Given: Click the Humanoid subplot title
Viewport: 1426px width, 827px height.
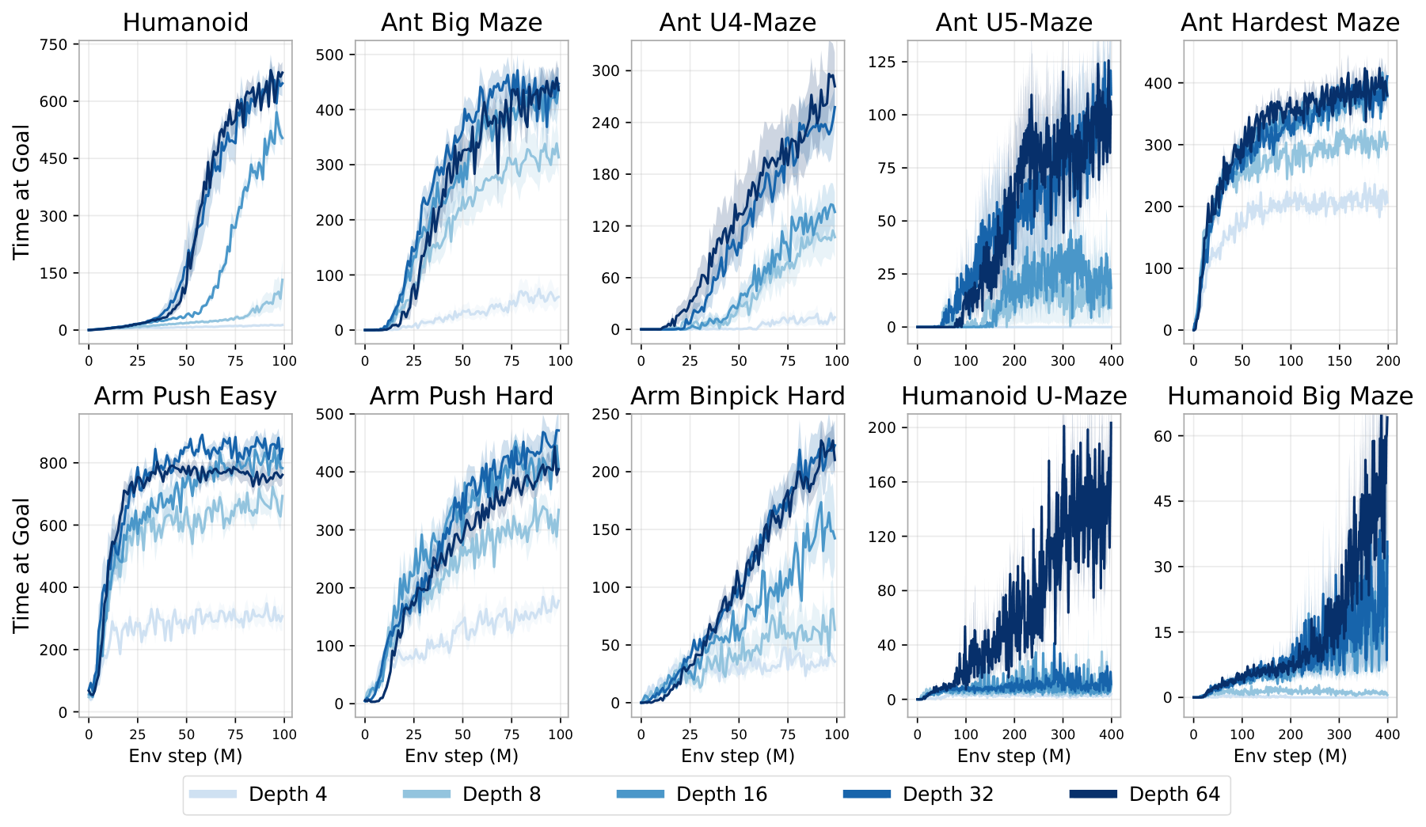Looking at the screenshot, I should (x=185, y=22).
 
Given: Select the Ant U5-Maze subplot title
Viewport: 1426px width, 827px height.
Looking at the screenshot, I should (x=1013, y=22).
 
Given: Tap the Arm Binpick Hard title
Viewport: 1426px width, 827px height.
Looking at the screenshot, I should (x=737, y=396).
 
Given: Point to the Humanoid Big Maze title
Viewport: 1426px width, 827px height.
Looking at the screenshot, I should (x=1290, y=396).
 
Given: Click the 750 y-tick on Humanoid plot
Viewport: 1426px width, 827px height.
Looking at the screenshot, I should (x=54, y=44).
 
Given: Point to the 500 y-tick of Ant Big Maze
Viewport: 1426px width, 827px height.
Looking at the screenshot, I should (x=329, y=55).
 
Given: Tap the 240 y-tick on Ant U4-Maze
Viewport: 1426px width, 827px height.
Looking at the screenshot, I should (x=606, y=123).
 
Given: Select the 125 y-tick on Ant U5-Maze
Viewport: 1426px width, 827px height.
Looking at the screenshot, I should (x=882, y=62).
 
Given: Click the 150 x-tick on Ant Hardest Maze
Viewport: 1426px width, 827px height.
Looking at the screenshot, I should (x=1339, y=361).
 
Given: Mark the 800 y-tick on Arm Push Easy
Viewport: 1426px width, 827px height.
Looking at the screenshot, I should (x=54, y=463).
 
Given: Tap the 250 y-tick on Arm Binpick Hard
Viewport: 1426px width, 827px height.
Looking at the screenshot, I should (x=606, y=415).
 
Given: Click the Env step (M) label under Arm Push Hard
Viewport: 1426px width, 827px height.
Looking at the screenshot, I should (x=461, y=756).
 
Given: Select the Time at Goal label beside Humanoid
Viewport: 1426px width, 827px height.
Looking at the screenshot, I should (x=21, y=192).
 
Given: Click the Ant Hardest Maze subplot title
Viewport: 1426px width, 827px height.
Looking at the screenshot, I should (x=1290, y=22).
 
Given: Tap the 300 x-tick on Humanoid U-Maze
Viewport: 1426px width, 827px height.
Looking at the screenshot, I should (x=1063, y=734).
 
